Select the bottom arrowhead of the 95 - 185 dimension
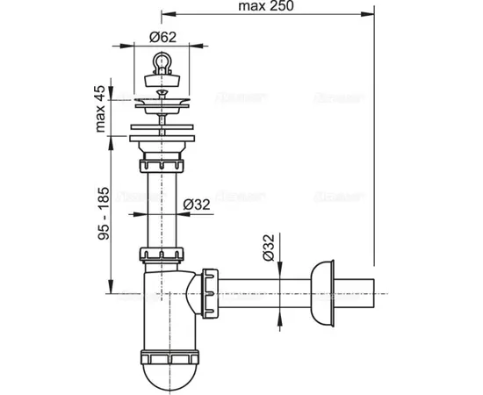click(112, 292)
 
